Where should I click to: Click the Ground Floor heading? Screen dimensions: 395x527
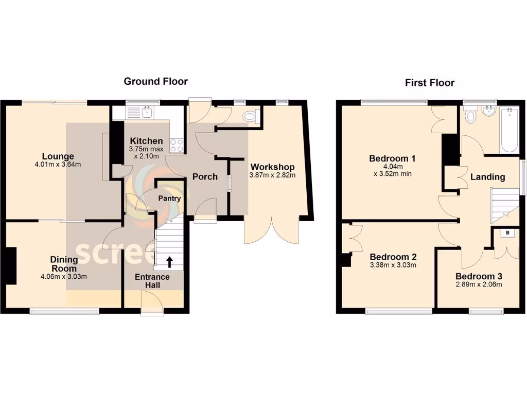tap(155, 81)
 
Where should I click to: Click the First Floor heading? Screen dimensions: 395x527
tap(430, 82)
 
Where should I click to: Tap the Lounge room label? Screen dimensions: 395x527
tap(58, 156)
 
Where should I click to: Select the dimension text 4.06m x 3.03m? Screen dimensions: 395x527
tap(64, 276)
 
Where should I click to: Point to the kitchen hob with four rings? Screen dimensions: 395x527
tap(177, 146)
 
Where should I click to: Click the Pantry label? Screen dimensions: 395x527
tap(169, 198)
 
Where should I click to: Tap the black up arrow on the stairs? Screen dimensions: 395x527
tap(170, 262)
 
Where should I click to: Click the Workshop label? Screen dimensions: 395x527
tap(272, 167)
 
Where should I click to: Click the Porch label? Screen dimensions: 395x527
tap(205, 177)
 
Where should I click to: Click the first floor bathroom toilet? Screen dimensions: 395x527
tap(470, 116)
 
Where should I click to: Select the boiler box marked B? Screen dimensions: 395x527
tap(508, 233)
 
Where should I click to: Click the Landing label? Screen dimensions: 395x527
tap(487, 177)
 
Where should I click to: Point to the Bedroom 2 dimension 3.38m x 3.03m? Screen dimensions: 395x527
tap(393, 265)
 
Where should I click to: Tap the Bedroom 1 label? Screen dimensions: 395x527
tap(392, 158)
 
